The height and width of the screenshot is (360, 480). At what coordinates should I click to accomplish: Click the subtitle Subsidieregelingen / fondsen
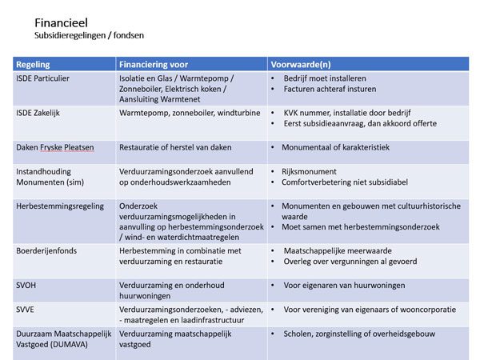pyautogui.click(x=89, y=35)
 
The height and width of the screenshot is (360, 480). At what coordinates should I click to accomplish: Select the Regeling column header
pyautogui.click(x=34, y=64)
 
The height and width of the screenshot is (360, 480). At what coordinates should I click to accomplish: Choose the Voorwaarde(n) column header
pyautogui.click(x=305, y=64)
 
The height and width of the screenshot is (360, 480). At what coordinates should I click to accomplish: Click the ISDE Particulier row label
pyautogui.click(x=46, y=78)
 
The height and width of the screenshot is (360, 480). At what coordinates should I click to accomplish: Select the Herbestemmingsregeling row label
pyautogui.click(x=60, y=206)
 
